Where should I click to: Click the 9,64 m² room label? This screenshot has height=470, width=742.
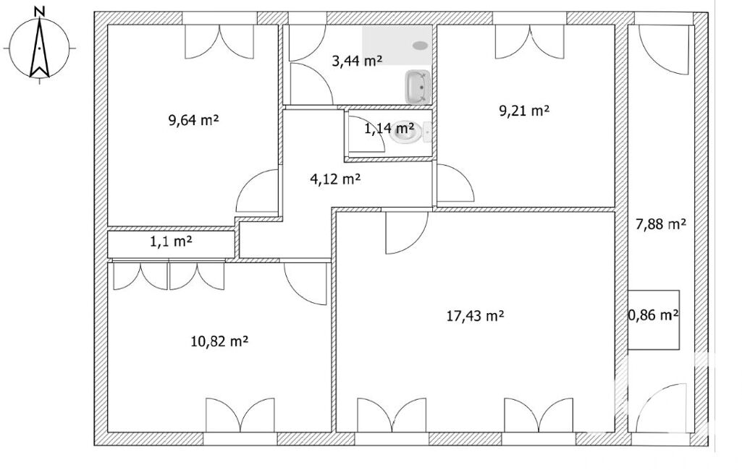point(193,120)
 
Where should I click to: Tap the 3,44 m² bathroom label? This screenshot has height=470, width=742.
point(357,61)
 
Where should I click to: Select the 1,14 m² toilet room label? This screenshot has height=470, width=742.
point(389,128)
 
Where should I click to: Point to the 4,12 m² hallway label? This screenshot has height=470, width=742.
point(335,179)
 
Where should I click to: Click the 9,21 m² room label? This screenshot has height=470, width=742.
point(524,111)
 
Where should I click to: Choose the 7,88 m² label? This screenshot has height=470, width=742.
point(661,224)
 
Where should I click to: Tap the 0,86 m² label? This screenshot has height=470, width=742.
point(654,315)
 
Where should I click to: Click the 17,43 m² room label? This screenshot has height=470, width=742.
point(475,315)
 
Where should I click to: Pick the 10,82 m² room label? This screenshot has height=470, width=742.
point(219,341)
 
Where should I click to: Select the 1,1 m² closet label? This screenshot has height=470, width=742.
point(171,242)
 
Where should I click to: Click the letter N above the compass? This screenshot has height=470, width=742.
point(41,11)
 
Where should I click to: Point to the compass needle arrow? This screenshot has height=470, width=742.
point(40,47)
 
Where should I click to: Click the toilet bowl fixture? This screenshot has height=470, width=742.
point(405,134)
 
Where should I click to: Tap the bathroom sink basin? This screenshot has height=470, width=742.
point(417,87)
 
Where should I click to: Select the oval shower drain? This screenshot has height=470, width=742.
point(420,46)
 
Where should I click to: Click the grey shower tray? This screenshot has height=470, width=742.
point(397,46)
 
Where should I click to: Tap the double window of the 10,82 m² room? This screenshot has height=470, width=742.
point(240,415)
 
